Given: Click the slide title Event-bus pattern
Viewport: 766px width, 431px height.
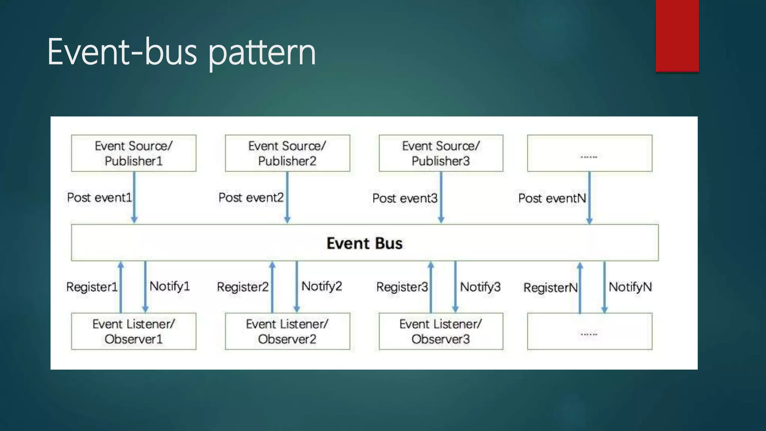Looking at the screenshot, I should tap(181, 52).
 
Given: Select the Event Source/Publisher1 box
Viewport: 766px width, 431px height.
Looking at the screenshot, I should tap(134, 153).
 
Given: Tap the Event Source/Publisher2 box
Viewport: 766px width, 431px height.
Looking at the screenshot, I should tap(287, 153).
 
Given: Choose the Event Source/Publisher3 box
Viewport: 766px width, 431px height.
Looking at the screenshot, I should tap(441, 153).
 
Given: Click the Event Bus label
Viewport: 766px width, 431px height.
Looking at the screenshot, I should tap(364, 243).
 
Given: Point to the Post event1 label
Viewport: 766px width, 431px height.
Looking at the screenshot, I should tap(99, 198).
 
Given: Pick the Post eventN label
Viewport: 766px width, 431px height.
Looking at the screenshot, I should tap(552, 198).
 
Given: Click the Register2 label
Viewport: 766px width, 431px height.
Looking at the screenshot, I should tap(243, 287).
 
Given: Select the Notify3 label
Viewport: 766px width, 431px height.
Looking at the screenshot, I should tap(480, 287).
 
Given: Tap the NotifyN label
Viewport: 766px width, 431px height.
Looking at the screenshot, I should tap(630, 287).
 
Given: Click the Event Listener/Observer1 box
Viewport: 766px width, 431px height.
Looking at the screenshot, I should tap(134, 331).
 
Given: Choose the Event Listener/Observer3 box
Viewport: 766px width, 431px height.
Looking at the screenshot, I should tap(441, 331).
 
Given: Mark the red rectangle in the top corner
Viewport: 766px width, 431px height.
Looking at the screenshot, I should tap(677, 36).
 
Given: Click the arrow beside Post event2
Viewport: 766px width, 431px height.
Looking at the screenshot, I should tap(287, 198).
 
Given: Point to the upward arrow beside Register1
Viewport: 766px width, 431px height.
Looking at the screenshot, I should tap(121, 287).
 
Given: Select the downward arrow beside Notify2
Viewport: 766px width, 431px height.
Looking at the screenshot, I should tap(297, 287).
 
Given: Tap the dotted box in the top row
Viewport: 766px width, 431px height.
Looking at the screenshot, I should tap(589, 153).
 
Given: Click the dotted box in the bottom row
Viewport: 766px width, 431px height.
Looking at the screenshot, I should tap(589, 331).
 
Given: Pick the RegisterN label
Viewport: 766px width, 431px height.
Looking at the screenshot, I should tap(550, 288).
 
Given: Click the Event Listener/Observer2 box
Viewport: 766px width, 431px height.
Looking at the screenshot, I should tap(287, 331).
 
